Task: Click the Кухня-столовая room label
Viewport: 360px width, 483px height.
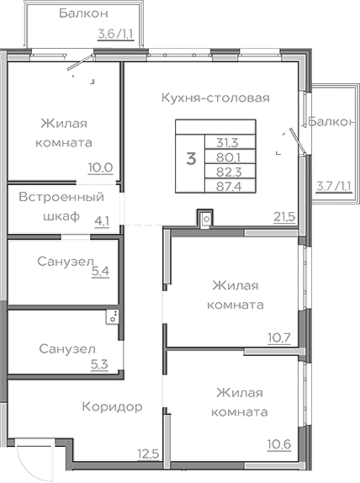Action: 215,98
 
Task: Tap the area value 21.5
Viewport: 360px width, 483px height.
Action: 283,216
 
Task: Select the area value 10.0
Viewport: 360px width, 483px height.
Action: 100,167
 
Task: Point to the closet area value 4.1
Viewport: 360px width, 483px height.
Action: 102,222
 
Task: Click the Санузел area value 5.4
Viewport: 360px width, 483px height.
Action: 99,272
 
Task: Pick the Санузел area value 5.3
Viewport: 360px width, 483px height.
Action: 98,364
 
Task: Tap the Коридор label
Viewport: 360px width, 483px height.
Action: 112,406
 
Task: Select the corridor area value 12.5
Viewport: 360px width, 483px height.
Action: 148,455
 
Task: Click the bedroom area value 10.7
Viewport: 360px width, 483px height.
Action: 278,338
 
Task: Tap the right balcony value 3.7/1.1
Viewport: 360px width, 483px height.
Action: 334,185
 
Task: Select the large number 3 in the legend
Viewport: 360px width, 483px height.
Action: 191,157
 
